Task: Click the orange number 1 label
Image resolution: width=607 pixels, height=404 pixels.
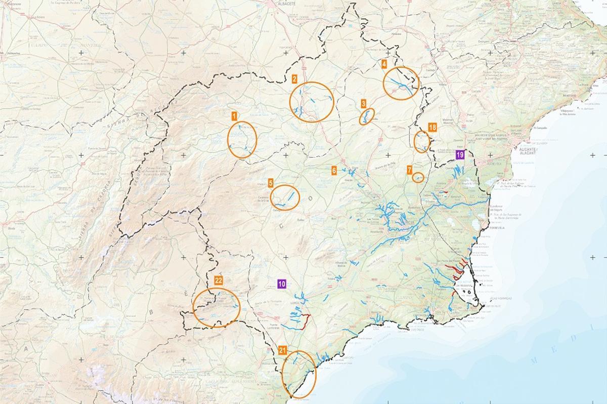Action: click(234, 116)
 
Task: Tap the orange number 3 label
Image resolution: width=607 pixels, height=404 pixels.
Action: click(364, 103)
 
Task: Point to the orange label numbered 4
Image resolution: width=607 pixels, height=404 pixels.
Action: click(384, 64)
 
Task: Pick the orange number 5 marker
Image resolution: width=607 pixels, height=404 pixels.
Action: click(271, 182)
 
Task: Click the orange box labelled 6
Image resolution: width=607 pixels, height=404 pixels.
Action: click(334, 171)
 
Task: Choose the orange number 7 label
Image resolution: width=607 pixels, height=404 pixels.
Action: click(409, 170)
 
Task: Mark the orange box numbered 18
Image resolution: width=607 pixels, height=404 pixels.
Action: click(431, 128)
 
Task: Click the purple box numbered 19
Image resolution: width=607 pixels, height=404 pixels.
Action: click(460, 155)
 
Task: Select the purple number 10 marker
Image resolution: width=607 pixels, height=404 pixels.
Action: click(282, 284)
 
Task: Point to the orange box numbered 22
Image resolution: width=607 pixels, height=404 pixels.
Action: click(219, 280)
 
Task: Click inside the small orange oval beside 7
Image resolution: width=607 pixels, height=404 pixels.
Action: click(418, 177)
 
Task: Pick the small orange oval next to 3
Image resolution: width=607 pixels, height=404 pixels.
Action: click(367, 116)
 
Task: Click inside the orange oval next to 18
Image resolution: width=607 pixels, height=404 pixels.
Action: click(421, 141)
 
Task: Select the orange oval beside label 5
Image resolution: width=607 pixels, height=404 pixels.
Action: click(285, 197)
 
